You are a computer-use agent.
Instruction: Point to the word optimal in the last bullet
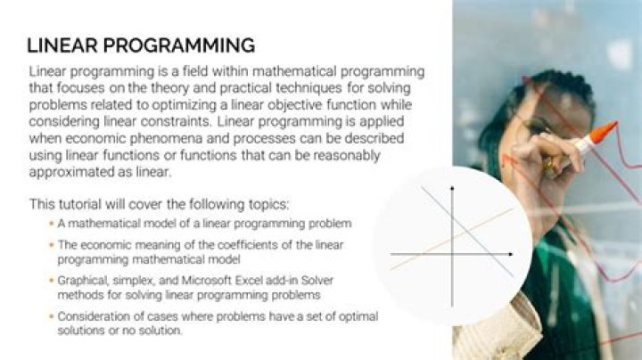pyautogui.click(x=355, y=316)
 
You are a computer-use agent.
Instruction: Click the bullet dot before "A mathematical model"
pyautogui.click(x=50, y=223)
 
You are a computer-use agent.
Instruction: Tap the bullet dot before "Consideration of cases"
pyautogui.click(x=50, y=316)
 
